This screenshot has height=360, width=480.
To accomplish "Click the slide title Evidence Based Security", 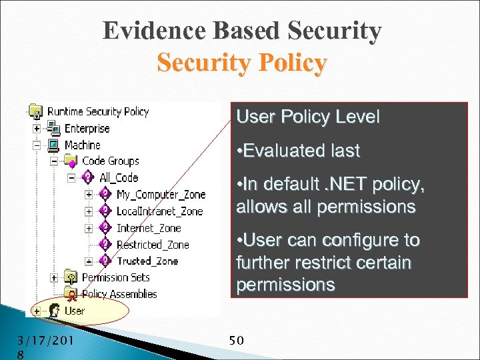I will tap(242, 31).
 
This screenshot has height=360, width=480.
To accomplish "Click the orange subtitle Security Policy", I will tap(242, 63).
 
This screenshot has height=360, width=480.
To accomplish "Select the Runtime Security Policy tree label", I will tap(97, 111).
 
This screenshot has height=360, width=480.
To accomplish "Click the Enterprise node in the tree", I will tap(87, 128).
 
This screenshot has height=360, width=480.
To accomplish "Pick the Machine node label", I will tap(82, 145).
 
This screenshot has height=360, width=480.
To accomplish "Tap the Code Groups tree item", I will tap(110, 161).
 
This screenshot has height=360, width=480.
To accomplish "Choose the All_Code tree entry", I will tap(118, 177).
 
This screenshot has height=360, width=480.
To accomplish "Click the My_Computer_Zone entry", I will tap(161, 194).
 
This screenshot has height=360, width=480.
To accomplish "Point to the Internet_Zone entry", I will tap(149, 227).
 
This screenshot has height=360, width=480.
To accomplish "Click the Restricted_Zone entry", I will tap(153, 244).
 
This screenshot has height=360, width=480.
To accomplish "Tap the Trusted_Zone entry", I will tap(147, 261).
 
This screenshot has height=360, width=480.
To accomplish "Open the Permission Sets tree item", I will tap(115, 277).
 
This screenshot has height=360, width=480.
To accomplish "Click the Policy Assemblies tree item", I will tap(119, 293).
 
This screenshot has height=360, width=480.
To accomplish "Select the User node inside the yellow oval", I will tap(74, 310).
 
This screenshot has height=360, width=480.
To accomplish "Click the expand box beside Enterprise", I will tap(36, 128).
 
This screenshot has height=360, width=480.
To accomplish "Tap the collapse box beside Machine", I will tap(36, 145).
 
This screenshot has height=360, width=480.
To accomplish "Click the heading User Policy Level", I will tap(308, 117).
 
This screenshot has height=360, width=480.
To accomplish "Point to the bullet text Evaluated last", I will tap(298, 151).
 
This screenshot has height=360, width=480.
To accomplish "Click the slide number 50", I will tap(236, 341).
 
